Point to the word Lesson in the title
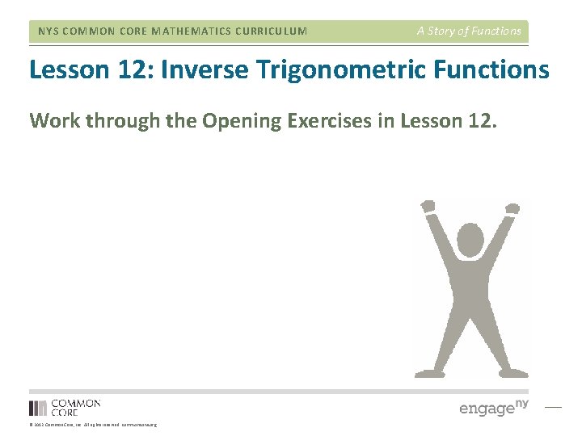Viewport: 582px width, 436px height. click(x=67, y=70)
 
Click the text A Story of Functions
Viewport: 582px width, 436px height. click(x=469, y=31)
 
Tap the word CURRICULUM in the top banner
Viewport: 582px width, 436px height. click(x=269, y=31)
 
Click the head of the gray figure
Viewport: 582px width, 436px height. click(x=471, y=241)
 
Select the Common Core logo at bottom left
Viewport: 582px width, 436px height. click(x=65, y=408)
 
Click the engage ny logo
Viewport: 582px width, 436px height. click(x=493, y=407)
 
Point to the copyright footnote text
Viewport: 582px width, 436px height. click(x=92, y=425)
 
